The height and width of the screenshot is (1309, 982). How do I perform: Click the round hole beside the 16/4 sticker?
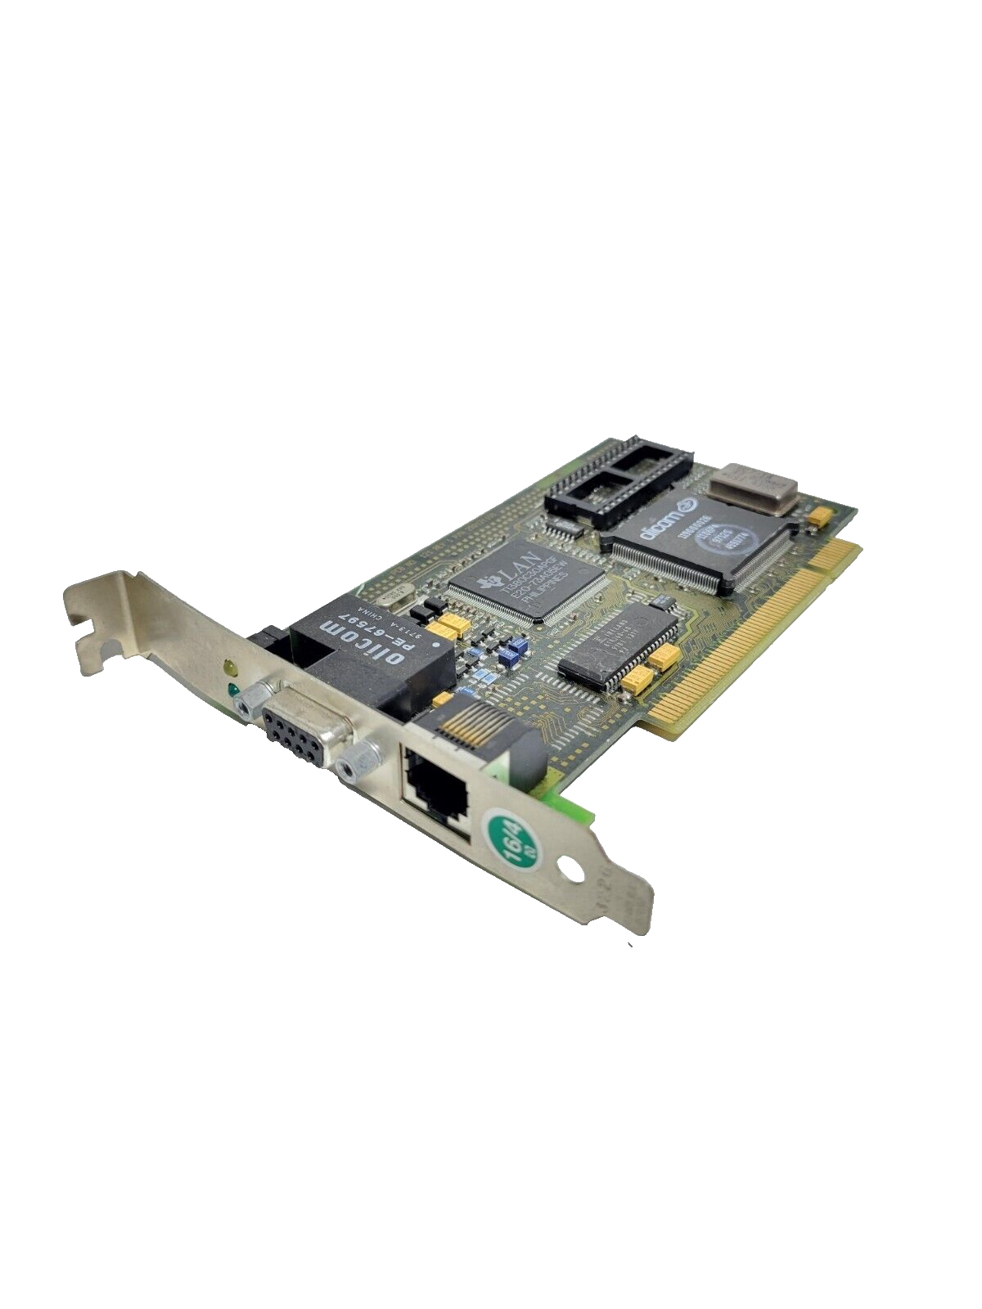[572, 870]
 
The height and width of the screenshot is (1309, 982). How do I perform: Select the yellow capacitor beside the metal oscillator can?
[819, 515]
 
